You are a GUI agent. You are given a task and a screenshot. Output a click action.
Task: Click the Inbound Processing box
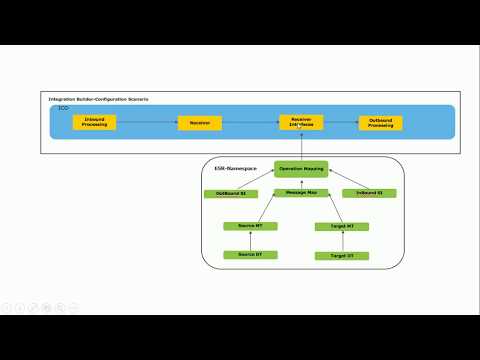coord(96,122)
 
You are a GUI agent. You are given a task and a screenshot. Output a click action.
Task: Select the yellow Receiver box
coord(199,123)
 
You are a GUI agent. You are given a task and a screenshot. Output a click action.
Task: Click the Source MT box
coord(250,226)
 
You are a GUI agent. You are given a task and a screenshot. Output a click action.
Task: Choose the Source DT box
coord(250,255)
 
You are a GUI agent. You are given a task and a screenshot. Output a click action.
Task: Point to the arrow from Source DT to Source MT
coord(250,241)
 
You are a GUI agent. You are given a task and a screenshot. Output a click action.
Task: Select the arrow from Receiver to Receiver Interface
coord(249,123)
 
